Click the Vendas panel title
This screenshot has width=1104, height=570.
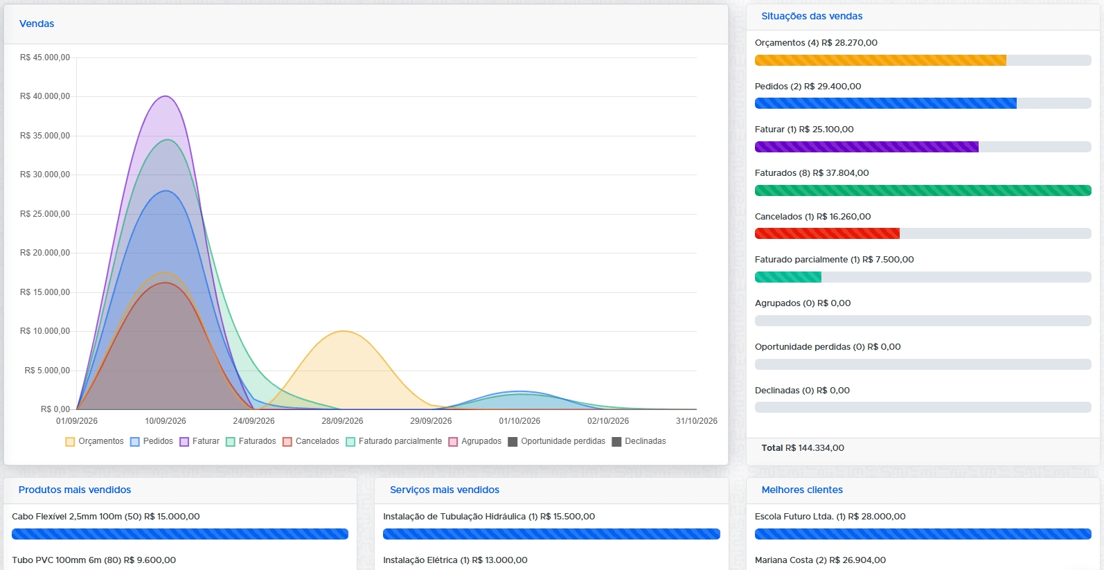click(x=37, y=24)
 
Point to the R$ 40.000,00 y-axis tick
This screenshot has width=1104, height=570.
click(x=45, y=96)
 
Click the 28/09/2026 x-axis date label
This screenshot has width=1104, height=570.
click(x=342, y=420)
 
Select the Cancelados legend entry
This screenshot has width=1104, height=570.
click(x=311, y=441)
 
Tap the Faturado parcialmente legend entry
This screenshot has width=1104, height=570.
click(x=394, y=441)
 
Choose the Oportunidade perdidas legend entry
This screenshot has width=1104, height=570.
click(x=556, y=441)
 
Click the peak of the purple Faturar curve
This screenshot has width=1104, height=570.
click(x=166, y=96)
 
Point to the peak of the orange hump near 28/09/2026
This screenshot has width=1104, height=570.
click(x=343, y=331)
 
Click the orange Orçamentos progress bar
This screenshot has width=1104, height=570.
click(x=880, y=60)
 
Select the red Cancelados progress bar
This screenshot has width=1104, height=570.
click(x=827, y=233)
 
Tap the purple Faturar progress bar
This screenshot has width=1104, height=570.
click(x=866, y=147)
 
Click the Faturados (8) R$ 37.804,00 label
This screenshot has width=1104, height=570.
click(x=812, y=173)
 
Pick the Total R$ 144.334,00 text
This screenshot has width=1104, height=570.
click(x=802, y=448)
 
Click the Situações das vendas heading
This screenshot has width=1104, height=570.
click(x=812, y=16)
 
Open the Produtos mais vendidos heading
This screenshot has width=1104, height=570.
click(x=74, y=490)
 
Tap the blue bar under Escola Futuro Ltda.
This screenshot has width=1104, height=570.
click(x=923, y=534)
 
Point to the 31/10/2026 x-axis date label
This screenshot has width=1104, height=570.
click(x=697, y=420)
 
